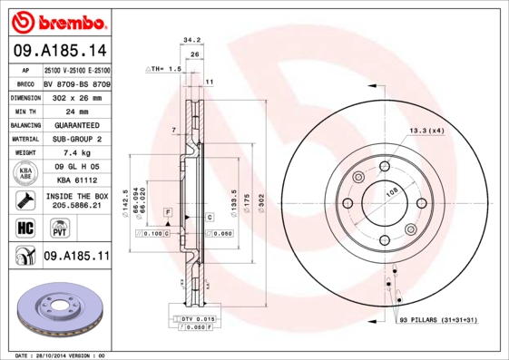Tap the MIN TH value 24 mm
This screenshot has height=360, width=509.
coord(77,112)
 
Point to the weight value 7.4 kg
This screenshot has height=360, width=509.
coord(77,152)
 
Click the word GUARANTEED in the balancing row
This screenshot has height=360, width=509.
coord(77,125)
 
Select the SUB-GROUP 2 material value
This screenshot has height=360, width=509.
coord(77,139)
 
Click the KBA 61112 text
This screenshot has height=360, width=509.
coord(77,180)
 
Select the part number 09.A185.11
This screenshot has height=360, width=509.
coord(76,258)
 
